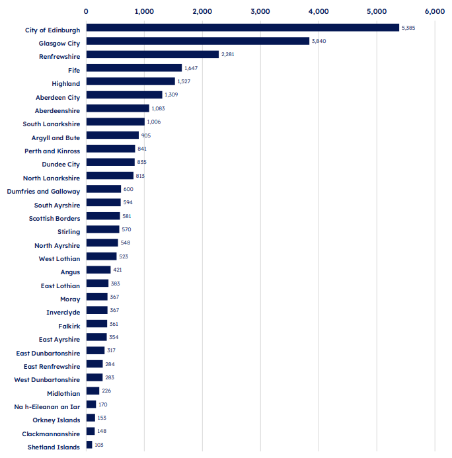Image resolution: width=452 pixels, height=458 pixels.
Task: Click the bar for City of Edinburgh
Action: (x=243, y=28)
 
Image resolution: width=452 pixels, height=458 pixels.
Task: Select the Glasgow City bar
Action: (x=198, y=41)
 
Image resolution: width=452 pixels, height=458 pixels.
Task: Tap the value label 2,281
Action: (x=227, y=54)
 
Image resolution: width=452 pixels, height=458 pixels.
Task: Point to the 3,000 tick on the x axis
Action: (x=260, y=11)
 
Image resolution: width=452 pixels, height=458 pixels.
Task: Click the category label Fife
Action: (x=74, y=71)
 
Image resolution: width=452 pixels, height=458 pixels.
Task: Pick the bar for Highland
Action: (x=131, y=81)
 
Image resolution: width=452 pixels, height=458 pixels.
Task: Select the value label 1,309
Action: (x=171, y=95)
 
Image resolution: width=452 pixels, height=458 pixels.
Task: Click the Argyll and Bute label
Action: (x=56, y=138)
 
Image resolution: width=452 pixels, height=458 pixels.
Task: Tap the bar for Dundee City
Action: (x=110, y=162)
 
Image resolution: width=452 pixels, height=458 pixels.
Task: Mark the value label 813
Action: (x=140, y=176)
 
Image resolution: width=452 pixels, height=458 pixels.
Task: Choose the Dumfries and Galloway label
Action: (x=44, y=192)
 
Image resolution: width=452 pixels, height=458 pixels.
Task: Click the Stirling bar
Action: (x=103, y=229)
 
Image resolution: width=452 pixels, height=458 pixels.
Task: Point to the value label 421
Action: (x=118, y=270)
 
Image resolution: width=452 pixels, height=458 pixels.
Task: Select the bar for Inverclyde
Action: (x=97, y=310)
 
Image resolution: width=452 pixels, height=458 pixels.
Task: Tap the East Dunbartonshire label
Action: (x=48, y=354)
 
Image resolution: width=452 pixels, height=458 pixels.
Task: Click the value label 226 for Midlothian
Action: (x=106, y=391)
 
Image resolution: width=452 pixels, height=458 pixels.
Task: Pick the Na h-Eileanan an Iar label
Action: (x=47, y=407)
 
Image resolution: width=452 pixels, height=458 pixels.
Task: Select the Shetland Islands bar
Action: (x=89, y=445)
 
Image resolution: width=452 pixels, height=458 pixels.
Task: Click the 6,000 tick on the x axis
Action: (x=435, y=11)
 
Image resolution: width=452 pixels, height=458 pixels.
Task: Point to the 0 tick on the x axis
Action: (x=86, y=11)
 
